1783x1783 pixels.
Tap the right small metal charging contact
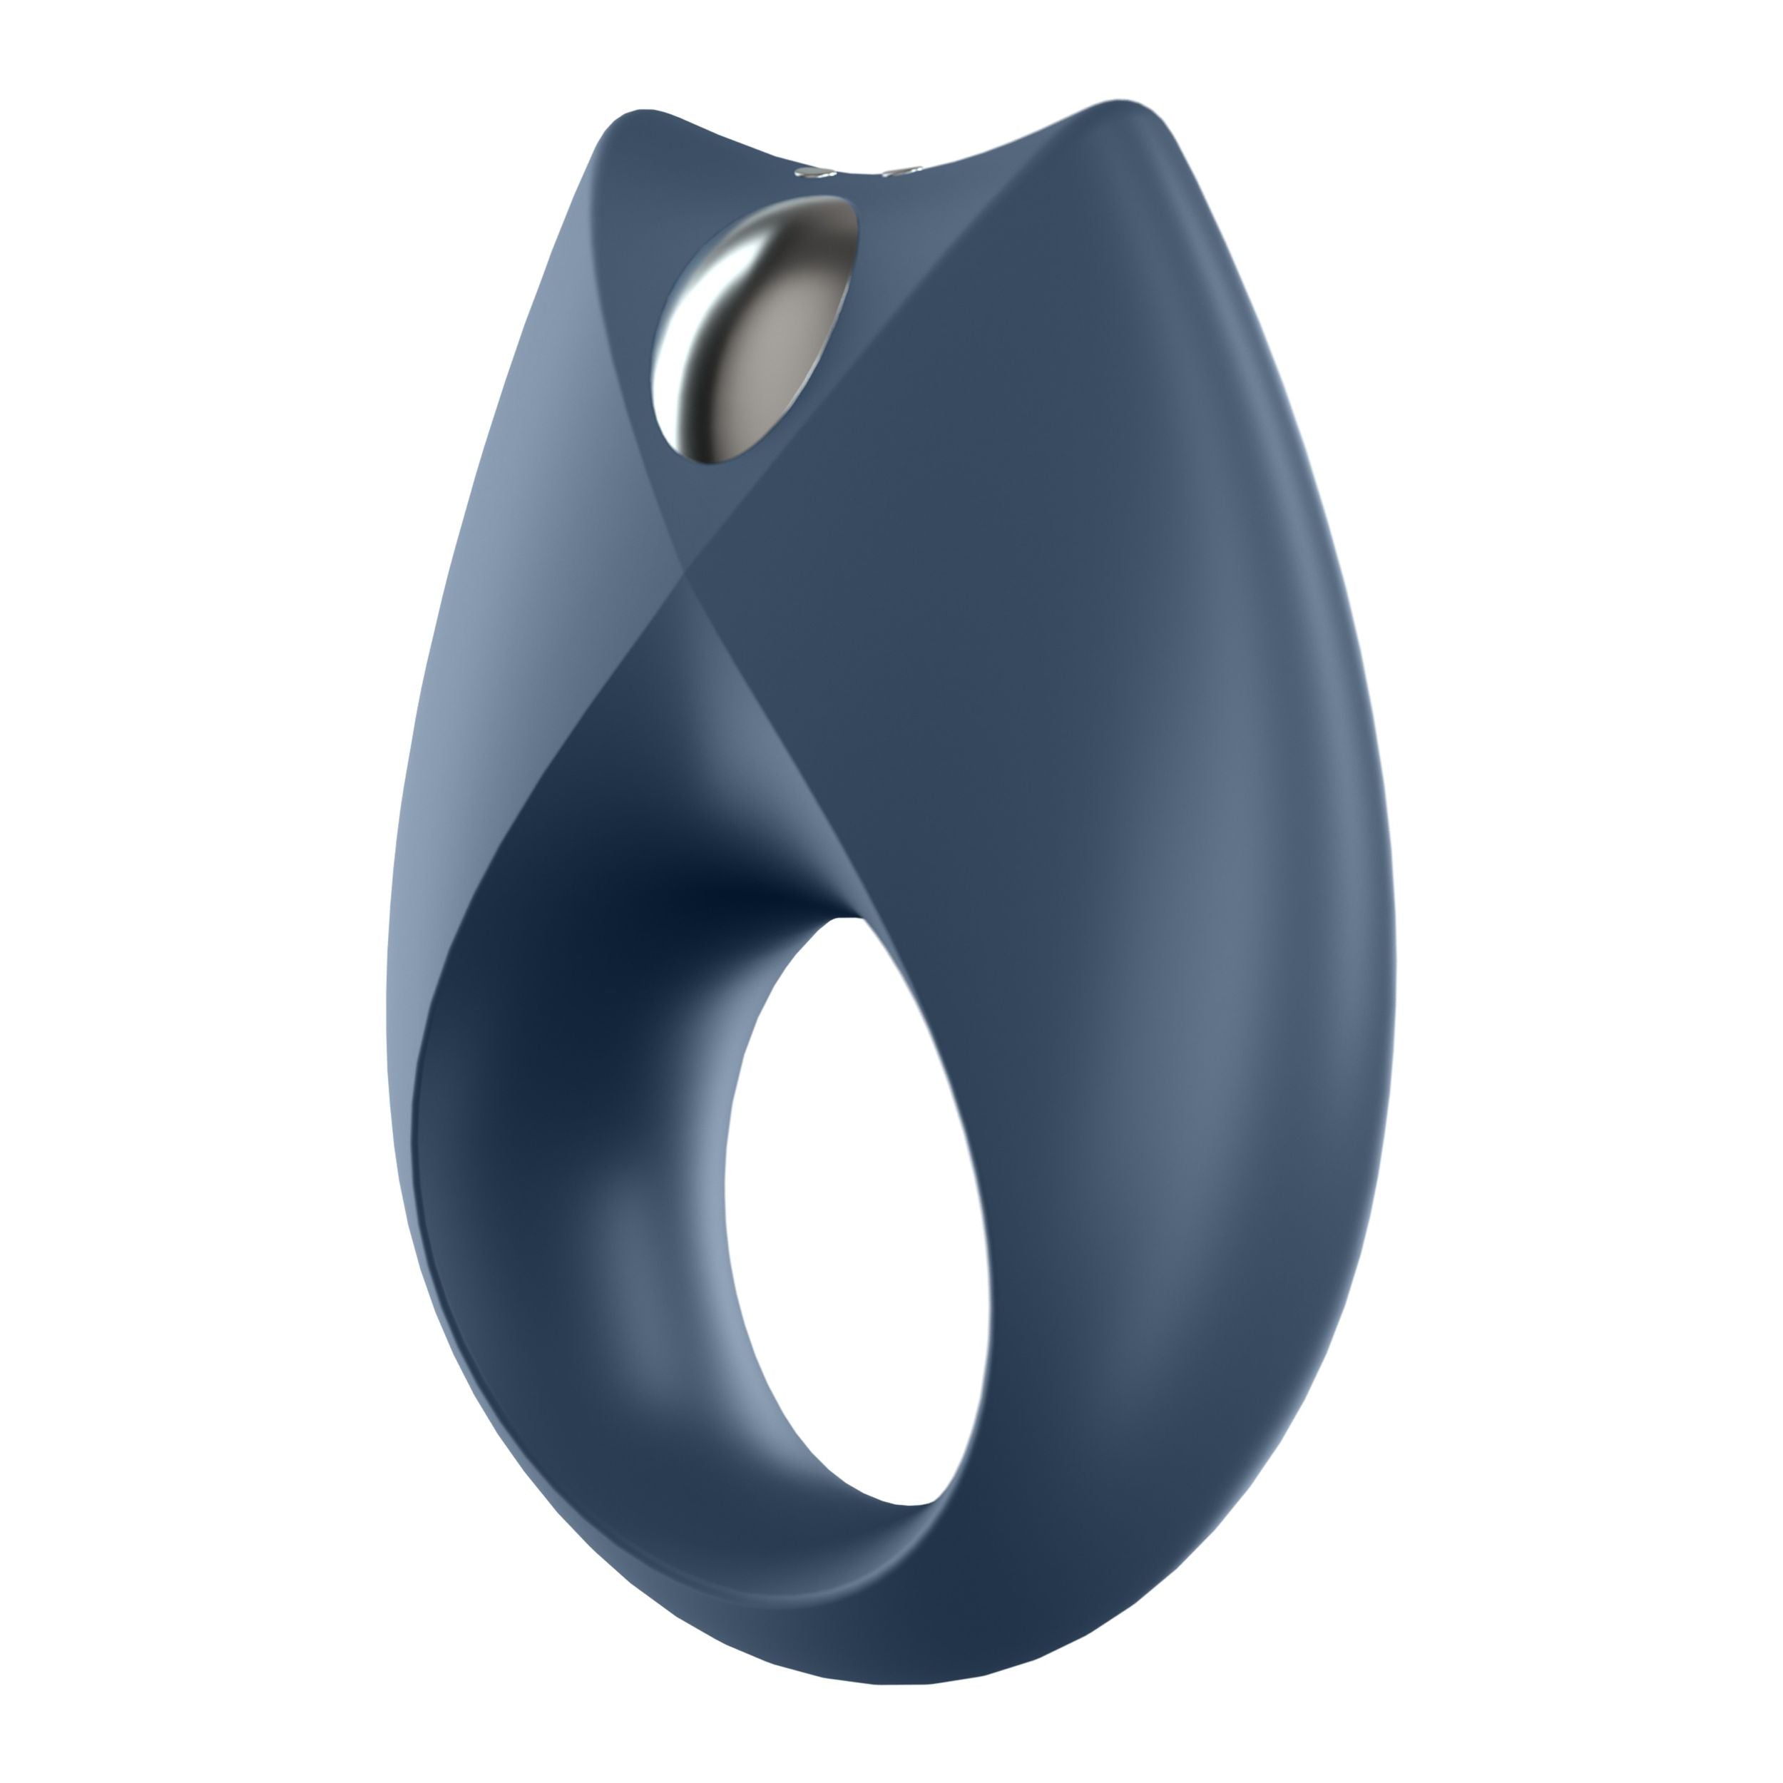[x=896, y=172]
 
